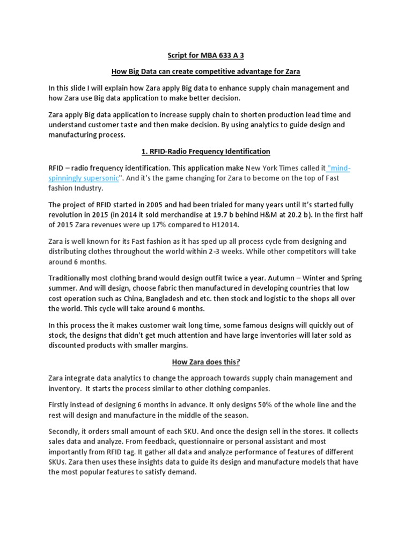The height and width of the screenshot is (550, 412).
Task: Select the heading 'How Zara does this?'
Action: (x=205, y=362)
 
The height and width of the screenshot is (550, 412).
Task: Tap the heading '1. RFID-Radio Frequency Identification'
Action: (x=205, y=151)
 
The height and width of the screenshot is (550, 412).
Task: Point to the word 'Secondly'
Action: (x=67, y=432)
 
